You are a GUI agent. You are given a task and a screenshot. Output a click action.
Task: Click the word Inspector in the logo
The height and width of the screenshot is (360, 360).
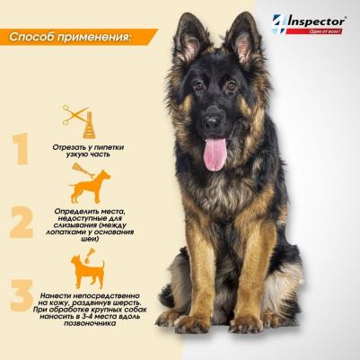[316, 22]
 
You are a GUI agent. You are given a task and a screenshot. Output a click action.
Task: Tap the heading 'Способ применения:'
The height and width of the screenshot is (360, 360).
[70, 37]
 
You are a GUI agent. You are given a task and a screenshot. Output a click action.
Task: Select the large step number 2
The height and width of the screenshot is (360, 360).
[21, 222]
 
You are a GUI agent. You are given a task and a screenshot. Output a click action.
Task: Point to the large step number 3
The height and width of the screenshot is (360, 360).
[22, 295]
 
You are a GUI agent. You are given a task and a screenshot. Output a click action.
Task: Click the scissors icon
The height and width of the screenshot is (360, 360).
[74, 115]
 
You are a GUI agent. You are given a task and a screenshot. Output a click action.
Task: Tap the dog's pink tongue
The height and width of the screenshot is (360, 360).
[215, 154]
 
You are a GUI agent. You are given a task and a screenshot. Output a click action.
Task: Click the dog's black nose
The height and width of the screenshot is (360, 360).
[213, 121]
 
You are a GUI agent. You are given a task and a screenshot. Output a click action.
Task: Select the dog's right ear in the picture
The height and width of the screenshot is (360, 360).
[243, 38]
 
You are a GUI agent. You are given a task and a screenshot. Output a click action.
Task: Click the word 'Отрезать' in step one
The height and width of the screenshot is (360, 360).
[67, 147]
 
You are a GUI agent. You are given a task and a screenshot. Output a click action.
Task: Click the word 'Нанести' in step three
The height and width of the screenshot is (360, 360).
[55, 295]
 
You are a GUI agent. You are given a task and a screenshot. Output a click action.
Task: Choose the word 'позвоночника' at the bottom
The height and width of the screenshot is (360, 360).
[90, 324]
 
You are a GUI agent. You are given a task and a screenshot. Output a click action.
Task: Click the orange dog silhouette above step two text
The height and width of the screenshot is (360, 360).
[91, 187]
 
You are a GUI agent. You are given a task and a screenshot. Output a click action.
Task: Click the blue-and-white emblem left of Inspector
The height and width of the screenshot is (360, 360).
[279, 24]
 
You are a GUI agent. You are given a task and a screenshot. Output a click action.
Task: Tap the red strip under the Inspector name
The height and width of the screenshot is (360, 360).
[314, 31]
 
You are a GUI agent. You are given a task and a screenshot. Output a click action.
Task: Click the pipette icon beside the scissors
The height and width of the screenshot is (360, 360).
[89, 126]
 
